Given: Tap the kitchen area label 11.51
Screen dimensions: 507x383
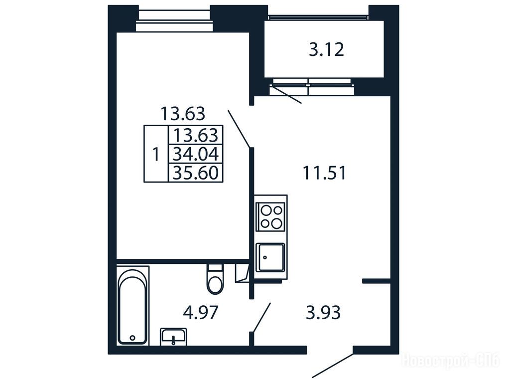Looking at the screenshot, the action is (x=324, y=173).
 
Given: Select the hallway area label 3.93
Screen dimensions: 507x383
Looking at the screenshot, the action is (x=323, y=313).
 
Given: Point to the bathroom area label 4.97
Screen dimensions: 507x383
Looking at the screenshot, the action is (x=201, y=313).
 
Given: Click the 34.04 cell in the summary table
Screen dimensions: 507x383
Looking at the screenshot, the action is (x=196, y=154).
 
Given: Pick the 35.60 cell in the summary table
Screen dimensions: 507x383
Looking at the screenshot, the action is (x=196, y=172).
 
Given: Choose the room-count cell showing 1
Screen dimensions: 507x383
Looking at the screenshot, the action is (x=156, y=154).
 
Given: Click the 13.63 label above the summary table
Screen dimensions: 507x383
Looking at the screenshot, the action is (x=183, y=114).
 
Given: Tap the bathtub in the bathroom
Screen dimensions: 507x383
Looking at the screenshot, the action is (x=132, y=306).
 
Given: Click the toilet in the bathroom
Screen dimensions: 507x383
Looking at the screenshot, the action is (x=215, y=279).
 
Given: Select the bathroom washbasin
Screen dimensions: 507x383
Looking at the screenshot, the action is (x=173, y=337).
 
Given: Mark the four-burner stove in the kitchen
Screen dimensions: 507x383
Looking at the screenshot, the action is (x=270, y=216).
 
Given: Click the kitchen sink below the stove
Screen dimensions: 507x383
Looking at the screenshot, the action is (x=270, y=258).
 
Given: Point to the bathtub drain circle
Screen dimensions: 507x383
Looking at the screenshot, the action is (x=132, y=338).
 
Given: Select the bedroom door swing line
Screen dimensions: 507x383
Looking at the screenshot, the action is (x=239, y=129).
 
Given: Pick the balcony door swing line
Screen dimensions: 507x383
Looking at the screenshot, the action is (x=286, y=94).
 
